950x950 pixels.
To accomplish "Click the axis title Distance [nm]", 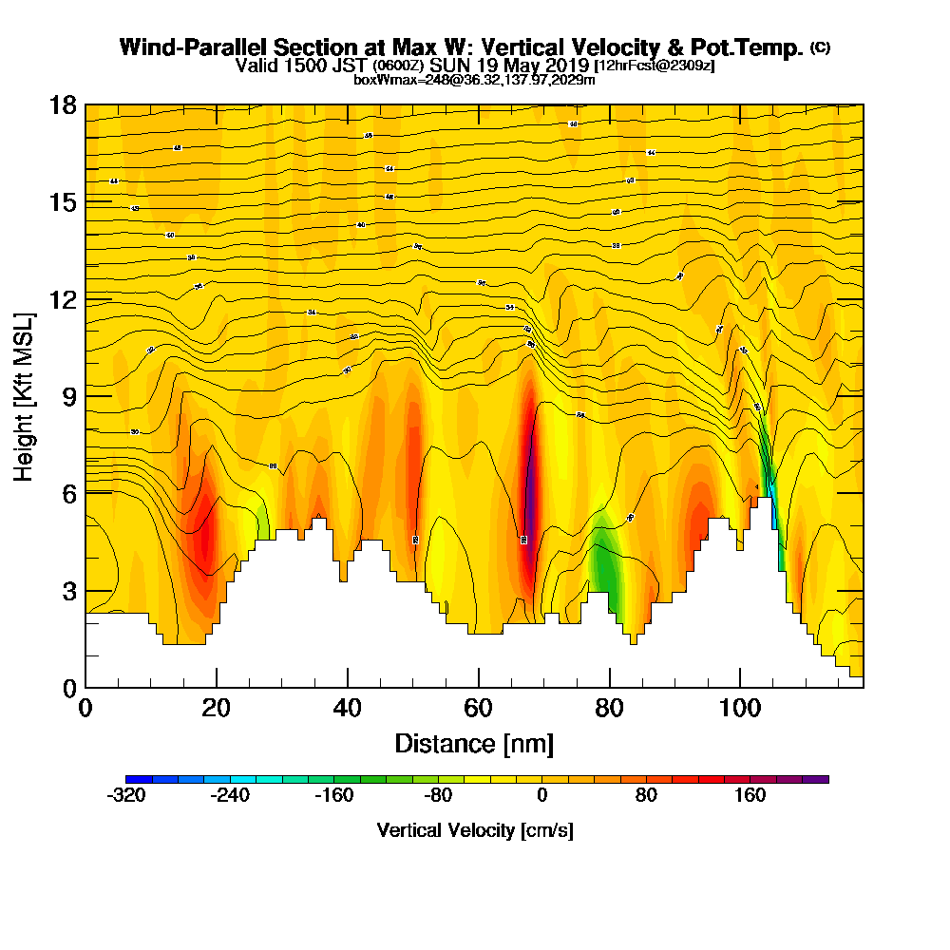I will (x=474, y=742).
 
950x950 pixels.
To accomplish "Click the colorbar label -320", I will (x=126, y=796).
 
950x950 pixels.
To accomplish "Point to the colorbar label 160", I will (x=750, y=796).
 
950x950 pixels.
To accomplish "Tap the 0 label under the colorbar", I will (x=541, y=796).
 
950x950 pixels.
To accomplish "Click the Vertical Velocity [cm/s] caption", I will (x=475, y=830).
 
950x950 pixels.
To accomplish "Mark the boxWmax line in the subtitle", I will (x=474, y=80).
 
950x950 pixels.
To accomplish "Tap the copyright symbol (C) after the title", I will (x=820, y=47).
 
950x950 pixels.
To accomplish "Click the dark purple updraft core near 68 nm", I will (x=530, y=475).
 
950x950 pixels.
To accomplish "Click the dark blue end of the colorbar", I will (x=134, y=778).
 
